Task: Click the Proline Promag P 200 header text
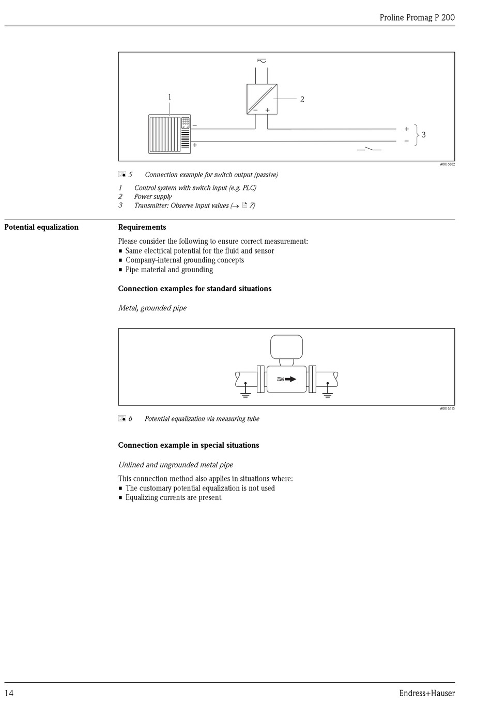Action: point(417,17)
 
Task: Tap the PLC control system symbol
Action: point(170,134)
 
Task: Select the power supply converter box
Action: point(262,99)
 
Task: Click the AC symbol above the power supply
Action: point(262,61)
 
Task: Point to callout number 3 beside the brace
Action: point(424,134)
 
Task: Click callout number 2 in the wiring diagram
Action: point(302,99)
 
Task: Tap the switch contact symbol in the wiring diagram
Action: point(369,149)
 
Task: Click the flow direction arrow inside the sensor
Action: point(290,379)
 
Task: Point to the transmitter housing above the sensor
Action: point(286,346)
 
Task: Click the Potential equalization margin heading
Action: point(41,227)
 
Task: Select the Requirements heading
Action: point(142,227)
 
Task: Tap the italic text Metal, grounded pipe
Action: point(152,308)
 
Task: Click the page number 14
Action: point(9,693)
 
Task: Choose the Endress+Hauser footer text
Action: point(426,693)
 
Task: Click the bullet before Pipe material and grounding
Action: point(120,270)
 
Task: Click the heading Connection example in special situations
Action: point(189,445)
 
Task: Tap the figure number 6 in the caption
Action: point(130,419)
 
